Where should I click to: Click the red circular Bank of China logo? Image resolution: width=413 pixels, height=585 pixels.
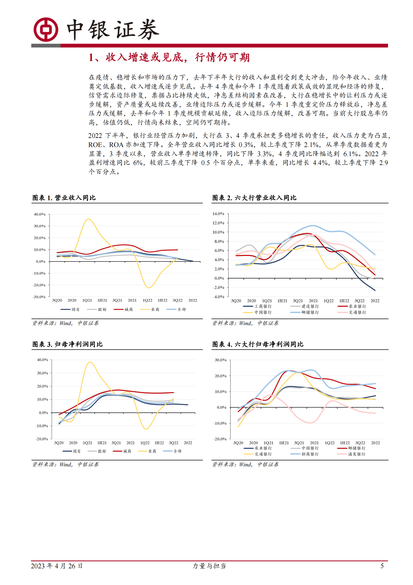pyautogui.click(x=46, y=29)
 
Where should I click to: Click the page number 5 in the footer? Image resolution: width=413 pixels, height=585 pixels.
pyautogui.click(x=382, y=566)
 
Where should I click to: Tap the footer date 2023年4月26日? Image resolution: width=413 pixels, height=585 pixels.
pyautogui.click(x=57, y=566)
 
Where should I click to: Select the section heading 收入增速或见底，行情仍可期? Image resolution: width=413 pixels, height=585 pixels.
pyautogui.click(x=169, y=57)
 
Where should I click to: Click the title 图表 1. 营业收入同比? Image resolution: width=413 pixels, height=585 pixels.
pyautogui.click(x=64, y=198)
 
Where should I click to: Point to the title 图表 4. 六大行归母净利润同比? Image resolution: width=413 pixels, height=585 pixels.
pyautogui.click(x=258, y=344)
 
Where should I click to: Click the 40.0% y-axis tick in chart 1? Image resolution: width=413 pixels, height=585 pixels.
pyautogui.click(x=40, y=214)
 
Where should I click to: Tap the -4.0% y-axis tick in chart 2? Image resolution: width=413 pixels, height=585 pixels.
pyautogui.click(x=218, y=297)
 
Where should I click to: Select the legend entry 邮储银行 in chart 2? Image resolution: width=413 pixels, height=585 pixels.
pyautogui.click(x=310, y=312)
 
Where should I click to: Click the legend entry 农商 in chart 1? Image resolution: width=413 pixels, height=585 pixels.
pyautogui.click(x=155, y=309)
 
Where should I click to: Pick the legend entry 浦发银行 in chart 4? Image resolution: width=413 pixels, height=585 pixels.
pyautogui.click(x=356, y=454)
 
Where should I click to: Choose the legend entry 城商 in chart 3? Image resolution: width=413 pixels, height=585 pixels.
pyautogui.click(x=127, y=451)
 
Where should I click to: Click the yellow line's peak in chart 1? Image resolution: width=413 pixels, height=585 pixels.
pyautogui.click(x=88, y=219)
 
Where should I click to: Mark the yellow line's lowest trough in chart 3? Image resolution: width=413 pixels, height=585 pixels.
pyautogui.click(x=146, y=429)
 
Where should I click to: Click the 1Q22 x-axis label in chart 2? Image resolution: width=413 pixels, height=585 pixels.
pyautogui.click(x=328, y=301)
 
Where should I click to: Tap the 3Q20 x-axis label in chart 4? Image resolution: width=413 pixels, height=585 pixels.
pyautogui.click(x=238, y=443)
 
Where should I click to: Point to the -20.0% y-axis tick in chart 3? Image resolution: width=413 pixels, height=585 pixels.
pyautogui.click(x=42, y=439)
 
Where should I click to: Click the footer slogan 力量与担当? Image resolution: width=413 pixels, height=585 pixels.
pyautogui.click(x=209, y=566)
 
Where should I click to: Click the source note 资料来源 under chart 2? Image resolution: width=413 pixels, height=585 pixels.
pyautogui.click(x=245, y=323)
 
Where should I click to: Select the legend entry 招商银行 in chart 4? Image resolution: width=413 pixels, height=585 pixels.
pyautogui.click(x=310, y=454)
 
